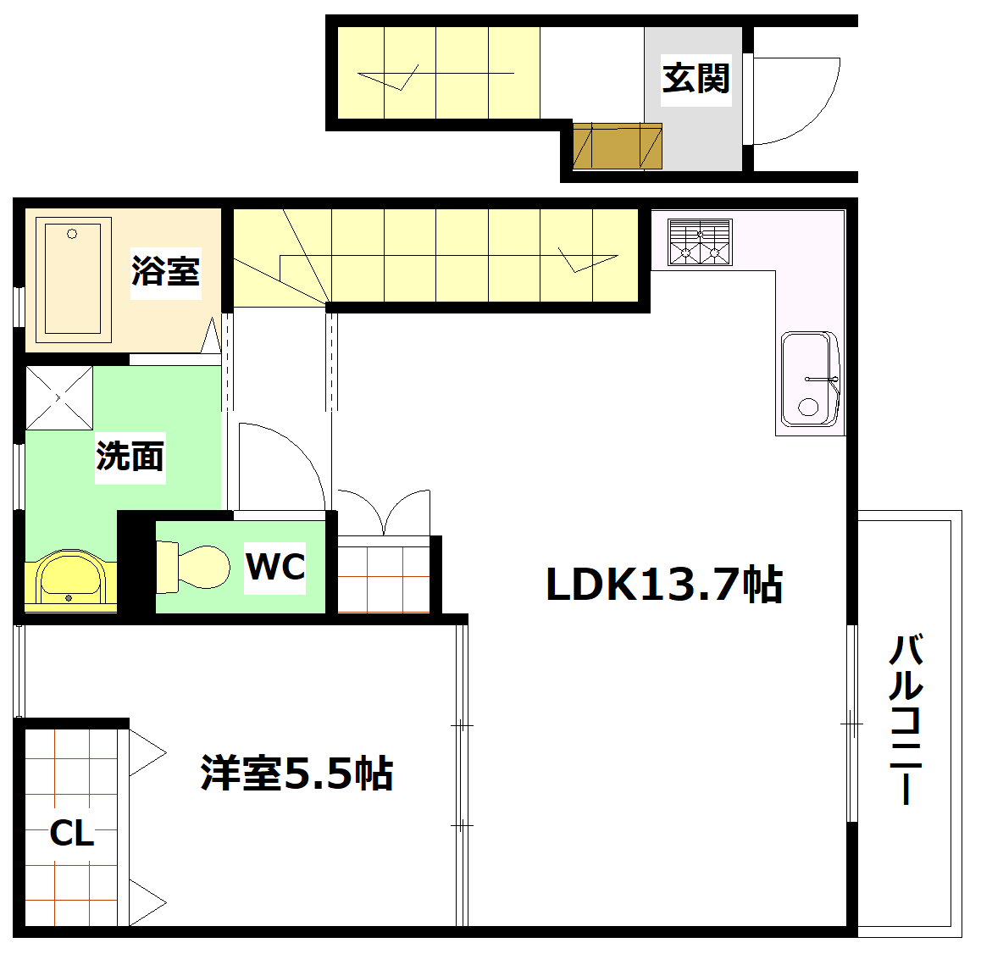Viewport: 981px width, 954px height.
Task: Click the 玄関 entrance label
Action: coord(696,79)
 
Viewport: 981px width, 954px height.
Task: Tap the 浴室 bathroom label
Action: coord(166,272)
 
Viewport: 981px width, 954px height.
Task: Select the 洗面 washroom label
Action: coord(130,457)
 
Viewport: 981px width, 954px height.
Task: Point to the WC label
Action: coord(275,567)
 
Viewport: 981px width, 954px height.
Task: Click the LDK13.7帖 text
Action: coord(663,585)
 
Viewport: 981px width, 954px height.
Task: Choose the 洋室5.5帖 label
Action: coord(297,773)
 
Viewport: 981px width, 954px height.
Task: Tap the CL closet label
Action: coord(72,834)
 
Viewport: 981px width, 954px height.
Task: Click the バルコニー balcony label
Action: coord(906,720)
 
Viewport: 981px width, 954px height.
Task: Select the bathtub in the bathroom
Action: coord(73,278)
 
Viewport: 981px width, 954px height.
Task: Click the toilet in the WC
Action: coord(194,566)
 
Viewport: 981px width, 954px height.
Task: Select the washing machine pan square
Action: coord(58,397)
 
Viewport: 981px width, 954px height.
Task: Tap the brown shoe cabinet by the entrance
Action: coord(617,147)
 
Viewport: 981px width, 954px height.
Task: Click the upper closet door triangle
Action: coord(147,752)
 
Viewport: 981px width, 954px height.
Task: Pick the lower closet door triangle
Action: coord(147,901)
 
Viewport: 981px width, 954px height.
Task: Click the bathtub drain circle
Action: coord(72,234)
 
